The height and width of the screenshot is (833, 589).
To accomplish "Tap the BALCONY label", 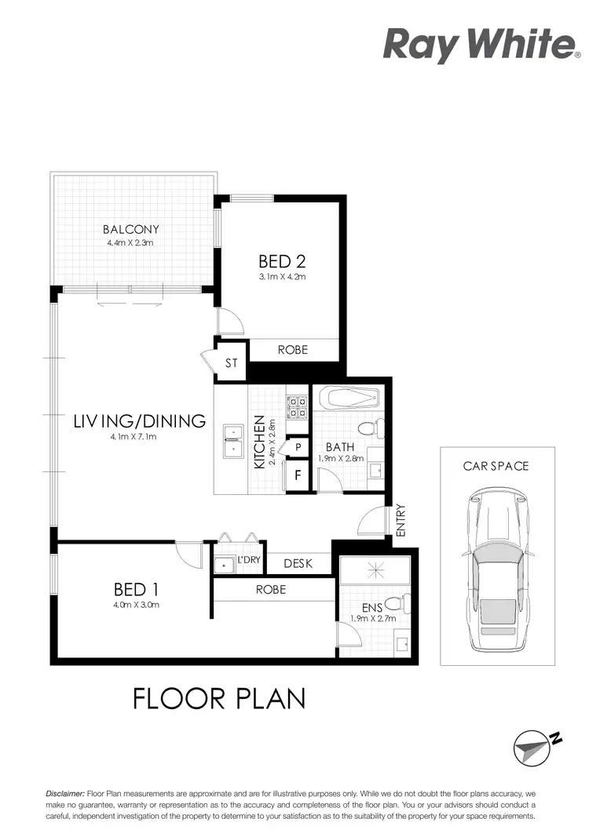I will tap(131, 229).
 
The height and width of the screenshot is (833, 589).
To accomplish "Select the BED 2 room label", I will tap(281, 261).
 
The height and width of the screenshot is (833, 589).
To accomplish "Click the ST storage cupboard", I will tap(231, 363).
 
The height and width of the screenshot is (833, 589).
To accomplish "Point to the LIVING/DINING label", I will tap(140, 421).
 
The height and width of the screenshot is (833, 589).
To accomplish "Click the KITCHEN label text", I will tap(260, 444).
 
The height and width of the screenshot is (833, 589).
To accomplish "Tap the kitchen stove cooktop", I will tap(298, 407).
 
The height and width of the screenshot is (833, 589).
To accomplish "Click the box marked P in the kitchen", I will tap(298, 447).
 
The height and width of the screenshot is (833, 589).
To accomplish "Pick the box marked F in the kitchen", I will tap(298, 475).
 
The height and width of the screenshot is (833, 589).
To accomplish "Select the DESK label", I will tap(298, 563).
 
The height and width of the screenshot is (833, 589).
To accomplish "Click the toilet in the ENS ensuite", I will tap(400, 605).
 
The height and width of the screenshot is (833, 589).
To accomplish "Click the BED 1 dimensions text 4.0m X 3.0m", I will tap(130, 605).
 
